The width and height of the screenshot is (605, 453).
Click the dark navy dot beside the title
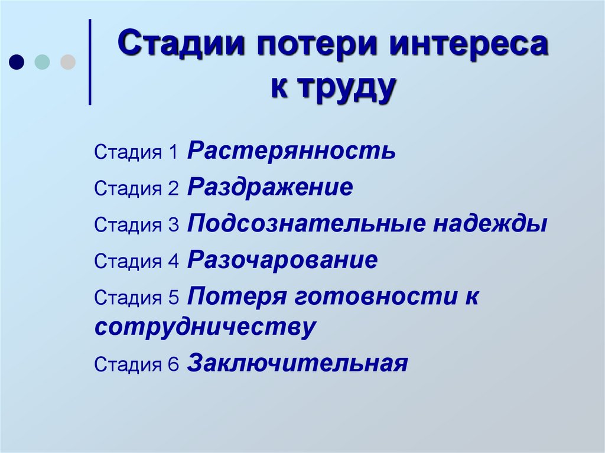click(x=17, y=62)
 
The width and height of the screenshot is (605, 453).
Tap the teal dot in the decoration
click(x=42, y=62)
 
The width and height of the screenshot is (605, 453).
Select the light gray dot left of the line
click(x=68, y=62)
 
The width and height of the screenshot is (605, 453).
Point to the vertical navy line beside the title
click(x=90, y=62)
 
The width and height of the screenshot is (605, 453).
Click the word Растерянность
click(x=292, y=152)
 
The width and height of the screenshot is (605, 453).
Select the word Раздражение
click(x=271, y=188)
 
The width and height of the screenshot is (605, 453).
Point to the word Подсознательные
click(x=307, y=224)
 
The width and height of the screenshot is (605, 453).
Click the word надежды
click(x=490, y=224)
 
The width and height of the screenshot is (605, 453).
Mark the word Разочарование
click(x=282, y=260)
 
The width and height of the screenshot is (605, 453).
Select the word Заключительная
click(x=298, y=363)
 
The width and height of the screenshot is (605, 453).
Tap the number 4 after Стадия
click(x=173, y=262)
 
